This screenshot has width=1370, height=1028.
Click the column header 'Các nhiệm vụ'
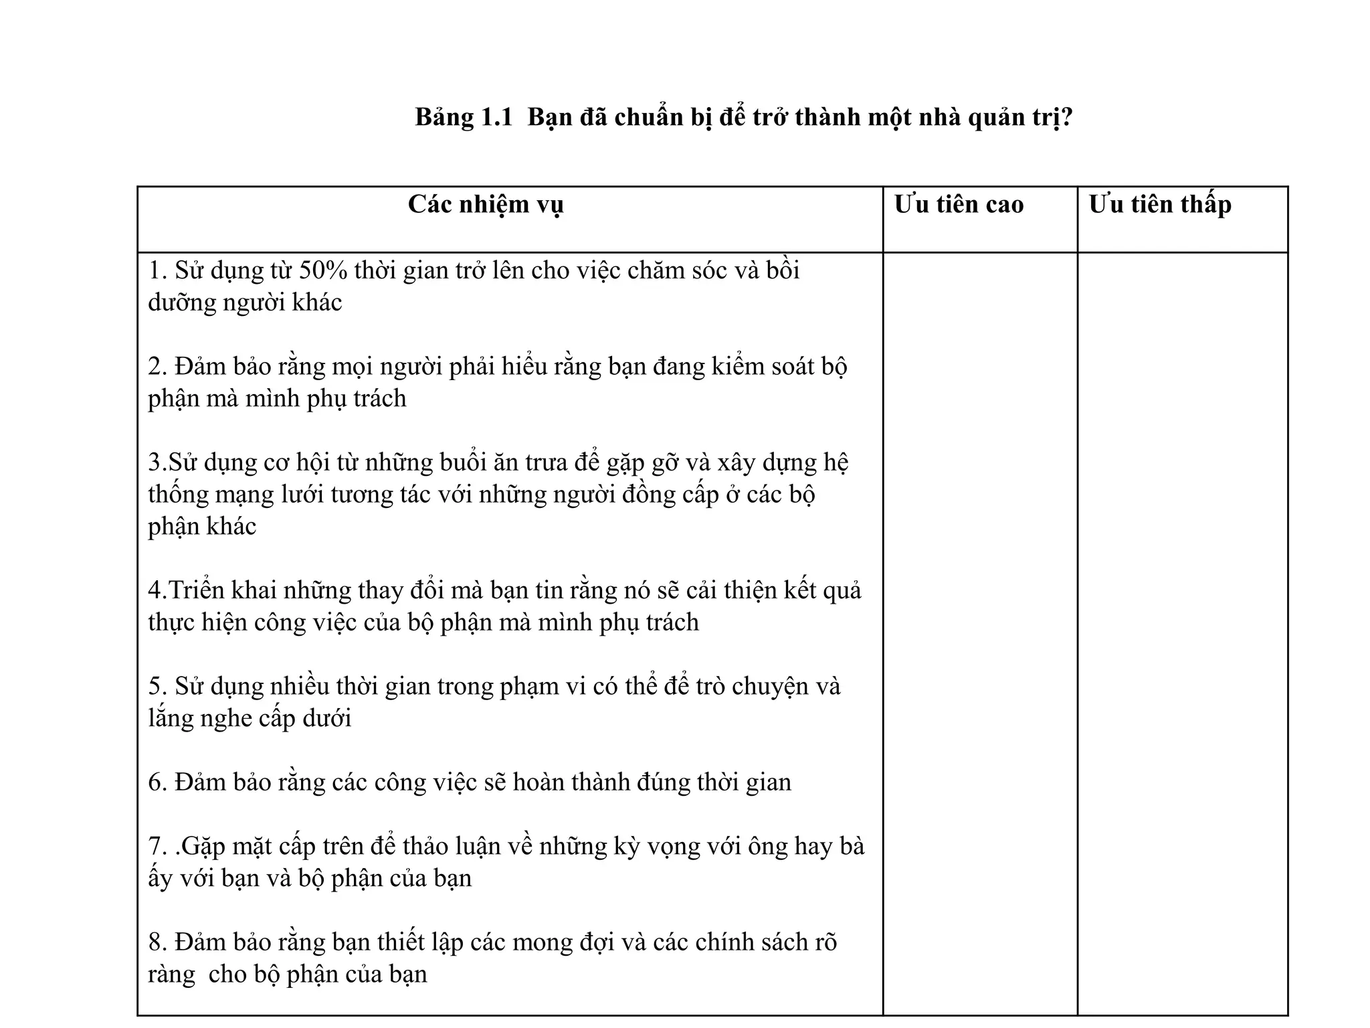[486, 205]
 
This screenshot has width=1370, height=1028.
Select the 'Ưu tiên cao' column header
[959, 205]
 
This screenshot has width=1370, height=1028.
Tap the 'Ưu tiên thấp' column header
[1160, 205]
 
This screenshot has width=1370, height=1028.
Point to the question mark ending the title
[1067, 117]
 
